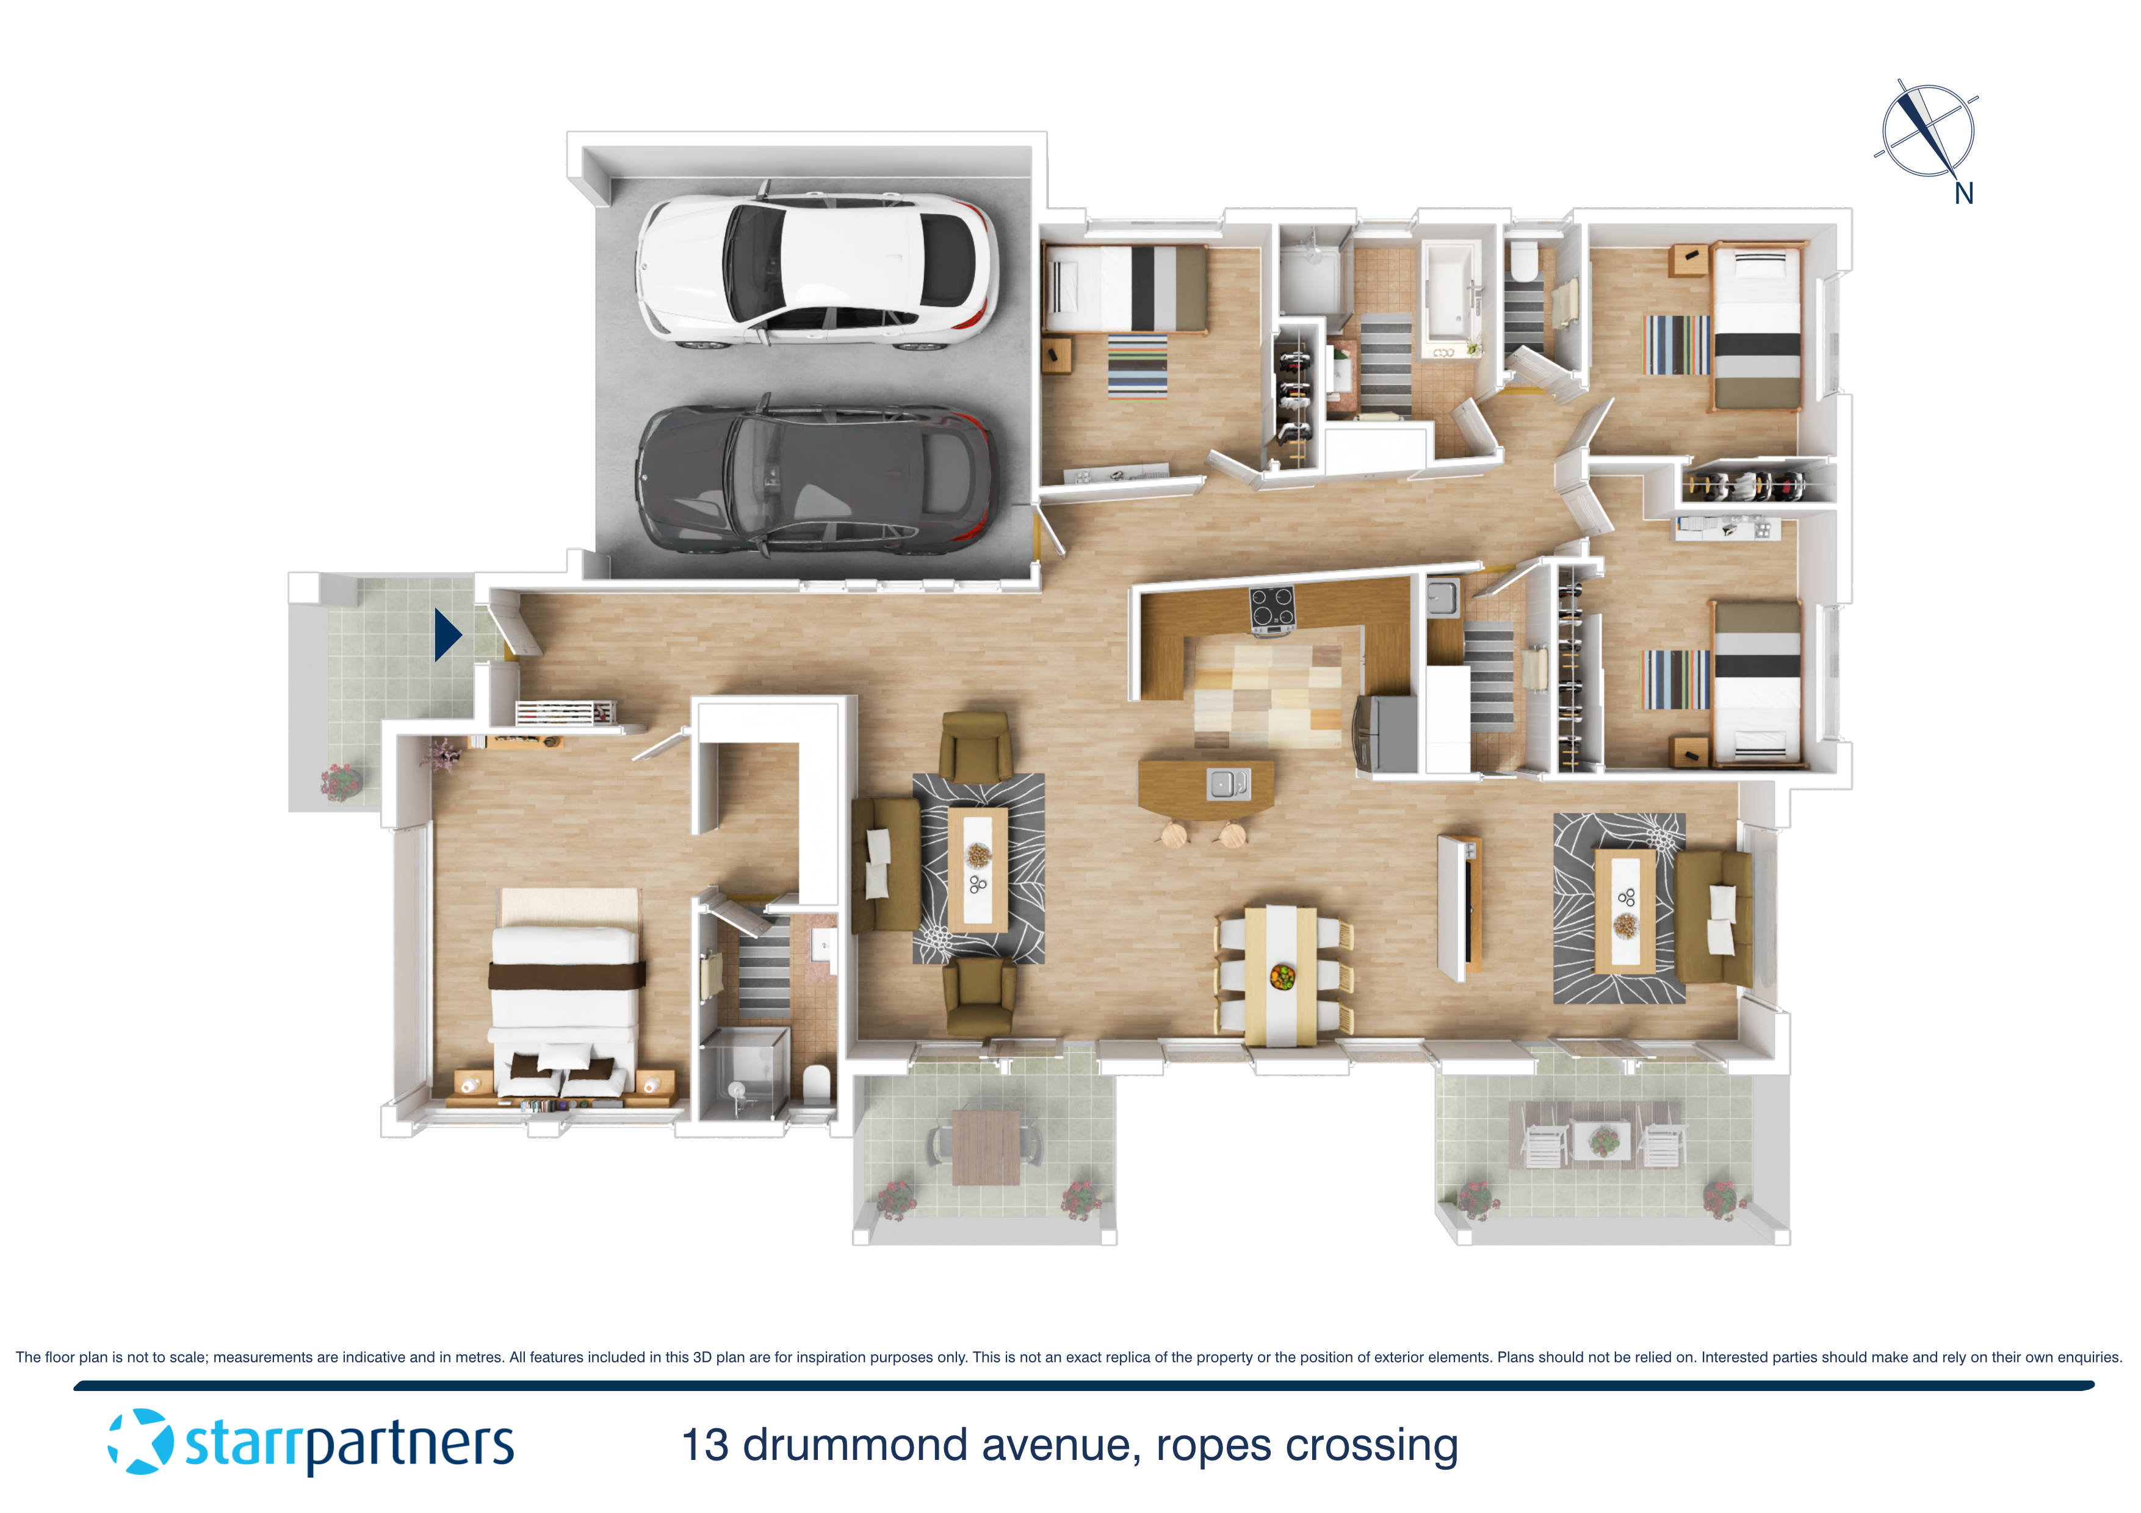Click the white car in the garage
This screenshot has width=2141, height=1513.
pyautogui.click(x=817, y=270)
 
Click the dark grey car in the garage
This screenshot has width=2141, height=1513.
pyautogui.click(x=817, y=482)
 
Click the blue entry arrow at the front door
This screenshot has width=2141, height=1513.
pyautogui.click(x=447, y=635)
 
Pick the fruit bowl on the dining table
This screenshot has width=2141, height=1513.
pyautogui.click(x=1282, y=977)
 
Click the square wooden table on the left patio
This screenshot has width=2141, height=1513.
pyautogui.click(x=986, y=1146)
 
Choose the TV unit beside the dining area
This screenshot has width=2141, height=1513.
pyautogui.click(x=1459, y=907)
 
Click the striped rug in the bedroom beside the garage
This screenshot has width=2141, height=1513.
pyautogui.click(x=1136, y=365)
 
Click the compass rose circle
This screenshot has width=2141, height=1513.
pyautogui.click(x=1927, y=131)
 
